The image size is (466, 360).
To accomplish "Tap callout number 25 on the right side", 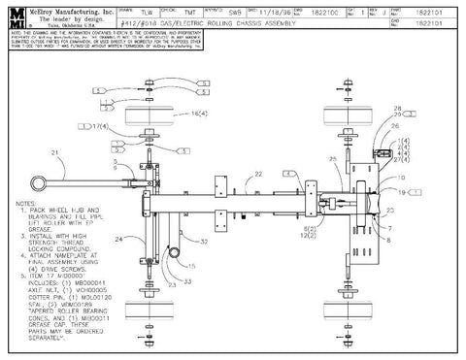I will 332,157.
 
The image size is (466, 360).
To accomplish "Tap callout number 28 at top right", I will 397,107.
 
